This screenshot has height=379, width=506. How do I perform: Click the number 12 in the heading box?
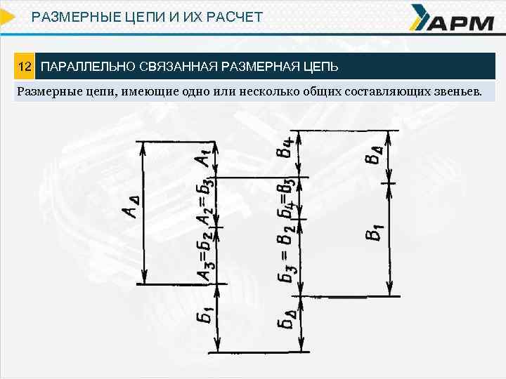[x=25, y=67]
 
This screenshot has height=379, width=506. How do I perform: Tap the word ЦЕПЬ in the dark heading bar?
[x=320, y=67]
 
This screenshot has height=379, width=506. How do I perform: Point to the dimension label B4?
[x=284, y=147]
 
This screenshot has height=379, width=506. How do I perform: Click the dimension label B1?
[x=374, y=232]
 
